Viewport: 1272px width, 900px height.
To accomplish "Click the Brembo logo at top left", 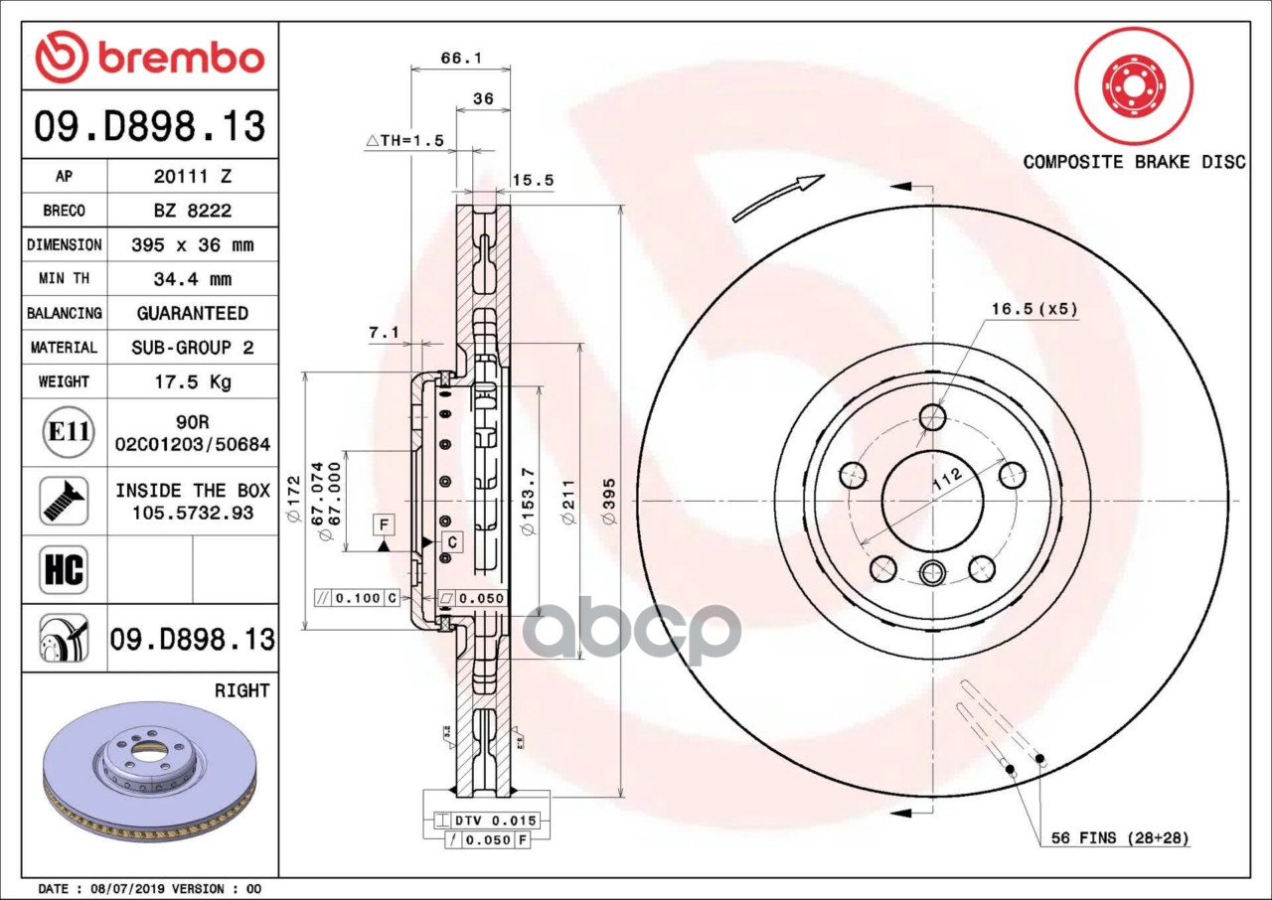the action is (149, 58).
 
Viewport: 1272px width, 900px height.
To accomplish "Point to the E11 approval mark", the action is (68, 433).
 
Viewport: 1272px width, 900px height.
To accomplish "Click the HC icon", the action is (64, 570).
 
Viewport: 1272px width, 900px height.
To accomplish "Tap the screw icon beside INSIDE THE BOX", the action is (64, 501).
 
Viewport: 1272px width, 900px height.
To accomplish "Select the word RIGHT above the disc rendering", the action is (241, 690).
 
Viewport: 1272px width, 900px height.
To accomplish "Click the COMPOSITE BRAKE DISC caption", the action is (1134, 162).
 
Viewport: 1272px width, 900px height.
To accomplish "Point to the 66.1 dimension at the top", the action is (460, 59).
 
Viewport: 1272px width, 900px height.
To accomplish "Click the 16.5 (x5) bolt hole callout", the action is (1033, 309).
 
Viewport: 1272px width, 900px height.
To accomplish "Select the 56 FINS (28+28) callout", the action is (1120, 838).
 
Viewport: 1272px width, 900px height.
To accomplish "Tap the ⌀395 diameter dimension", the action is (609, 501).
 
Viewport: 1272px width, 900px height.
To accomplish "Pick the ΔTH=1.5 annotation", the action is (404, 141).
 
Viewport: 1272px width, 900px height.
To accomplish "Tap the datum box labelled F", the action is (383, 524).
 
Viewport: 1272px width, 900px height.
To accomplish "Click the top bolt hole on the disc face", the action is (932, 417).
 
